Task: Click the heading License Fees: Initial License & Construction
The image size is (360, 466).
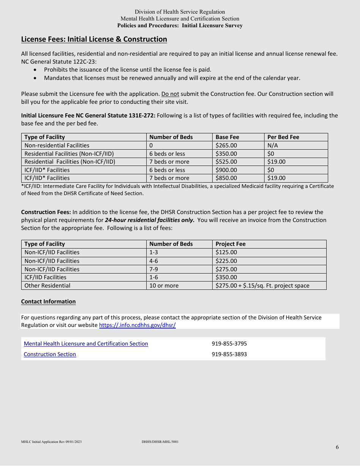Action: [x=94, y=39]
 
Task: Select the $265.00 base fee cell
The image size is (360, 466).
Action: [x=226, y=145]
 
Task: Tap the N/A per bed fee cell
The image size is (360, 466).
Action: [x=273, y=145]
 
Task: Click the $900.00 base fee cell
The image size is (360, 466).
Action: [x=226, y=170]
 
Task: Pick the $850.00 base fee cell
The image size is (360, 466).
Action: [x=226, y=178]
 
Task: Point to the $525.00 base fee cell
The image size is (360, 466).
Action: [x=226, y=162]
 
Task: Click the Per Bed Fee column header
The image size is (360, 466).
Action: [x=283, y=137]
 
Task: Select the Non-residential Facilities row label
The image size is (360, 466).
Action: [x=57, y=145]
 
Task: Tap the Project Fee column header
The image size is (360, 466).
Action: [x=230, y=244]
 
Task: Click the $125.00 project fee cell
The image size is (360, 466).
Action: [x=226, y=252]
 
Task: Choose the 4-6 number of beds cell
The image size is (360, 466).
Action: [x=154, y=261]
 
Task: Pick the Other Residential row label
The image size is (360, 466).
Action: [x=47, y=286]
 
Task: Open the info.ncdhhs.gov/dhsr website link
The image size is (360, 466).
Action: [x=137, y=325]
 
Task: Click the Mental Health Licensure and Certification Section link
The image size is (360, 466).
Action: [x=86, y=344]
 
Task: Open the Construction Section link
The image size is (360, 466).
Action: [x=50, y=354]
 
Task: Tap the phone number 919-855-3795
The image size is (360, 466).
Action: [x=229, y=344]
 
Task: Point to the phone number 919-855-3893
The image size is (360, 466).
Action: [x=229, y=354]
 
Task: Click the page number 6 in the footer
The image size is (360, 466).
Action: [x=337, y=447]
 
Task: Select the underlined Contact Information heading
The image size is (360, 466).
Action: [x=49, y=302]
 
